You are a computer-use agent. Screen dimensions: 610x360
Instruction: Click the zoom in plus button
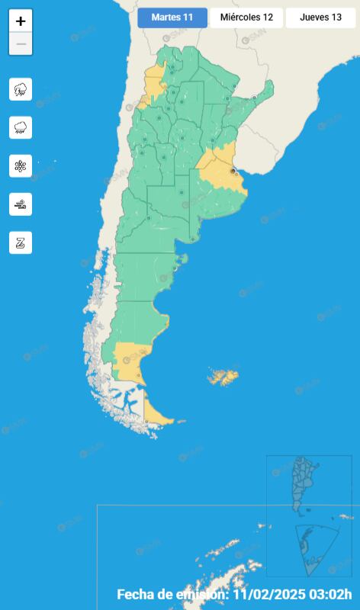click(x=21, y=21)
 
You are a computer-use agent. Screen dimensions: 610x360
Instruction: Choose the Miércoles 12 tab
click(x=246, y=18)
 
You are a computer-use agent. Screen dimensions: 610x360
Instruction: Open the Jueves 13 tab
click(x=320, y=18)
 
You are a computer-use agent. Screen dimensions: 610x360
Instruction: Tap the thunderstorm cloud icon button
click(x=21, y=89)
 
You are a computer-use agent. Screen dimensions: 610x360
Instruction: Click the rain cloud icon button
click(x=21, y=127)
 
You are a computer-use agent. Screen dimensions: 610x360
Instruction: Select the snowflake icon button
click(x=21, y=165)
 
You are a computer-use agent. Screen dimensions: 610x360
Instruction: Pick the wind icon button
click(x=21, y=204)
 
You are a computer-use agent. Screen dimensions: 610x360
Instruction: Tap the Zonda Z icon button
click(x=21, y=242)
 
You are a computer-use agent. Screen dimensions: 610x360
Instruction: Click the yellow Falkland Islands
click(x=224, y=377)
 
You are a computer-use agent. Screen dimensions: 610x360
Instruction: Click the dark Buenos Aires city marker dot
click(x=233, y=171)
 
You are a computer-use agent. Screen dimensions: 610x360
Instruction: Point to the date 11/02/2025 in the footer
click(x=265, y=595)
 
